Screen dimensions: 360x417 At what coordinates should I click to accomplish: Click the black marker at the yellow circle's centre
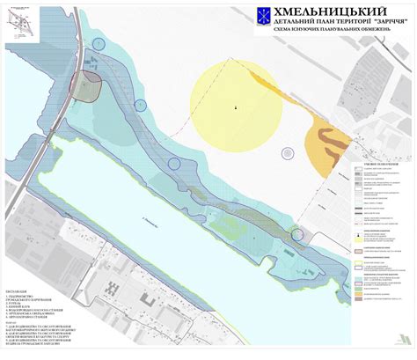pos(235,107)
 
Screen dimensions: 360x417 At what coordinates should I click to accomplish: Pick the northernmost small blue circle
pos(99,43)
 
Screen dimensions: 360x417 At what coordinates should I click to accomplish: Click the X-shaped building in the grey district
pos(111,289)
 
